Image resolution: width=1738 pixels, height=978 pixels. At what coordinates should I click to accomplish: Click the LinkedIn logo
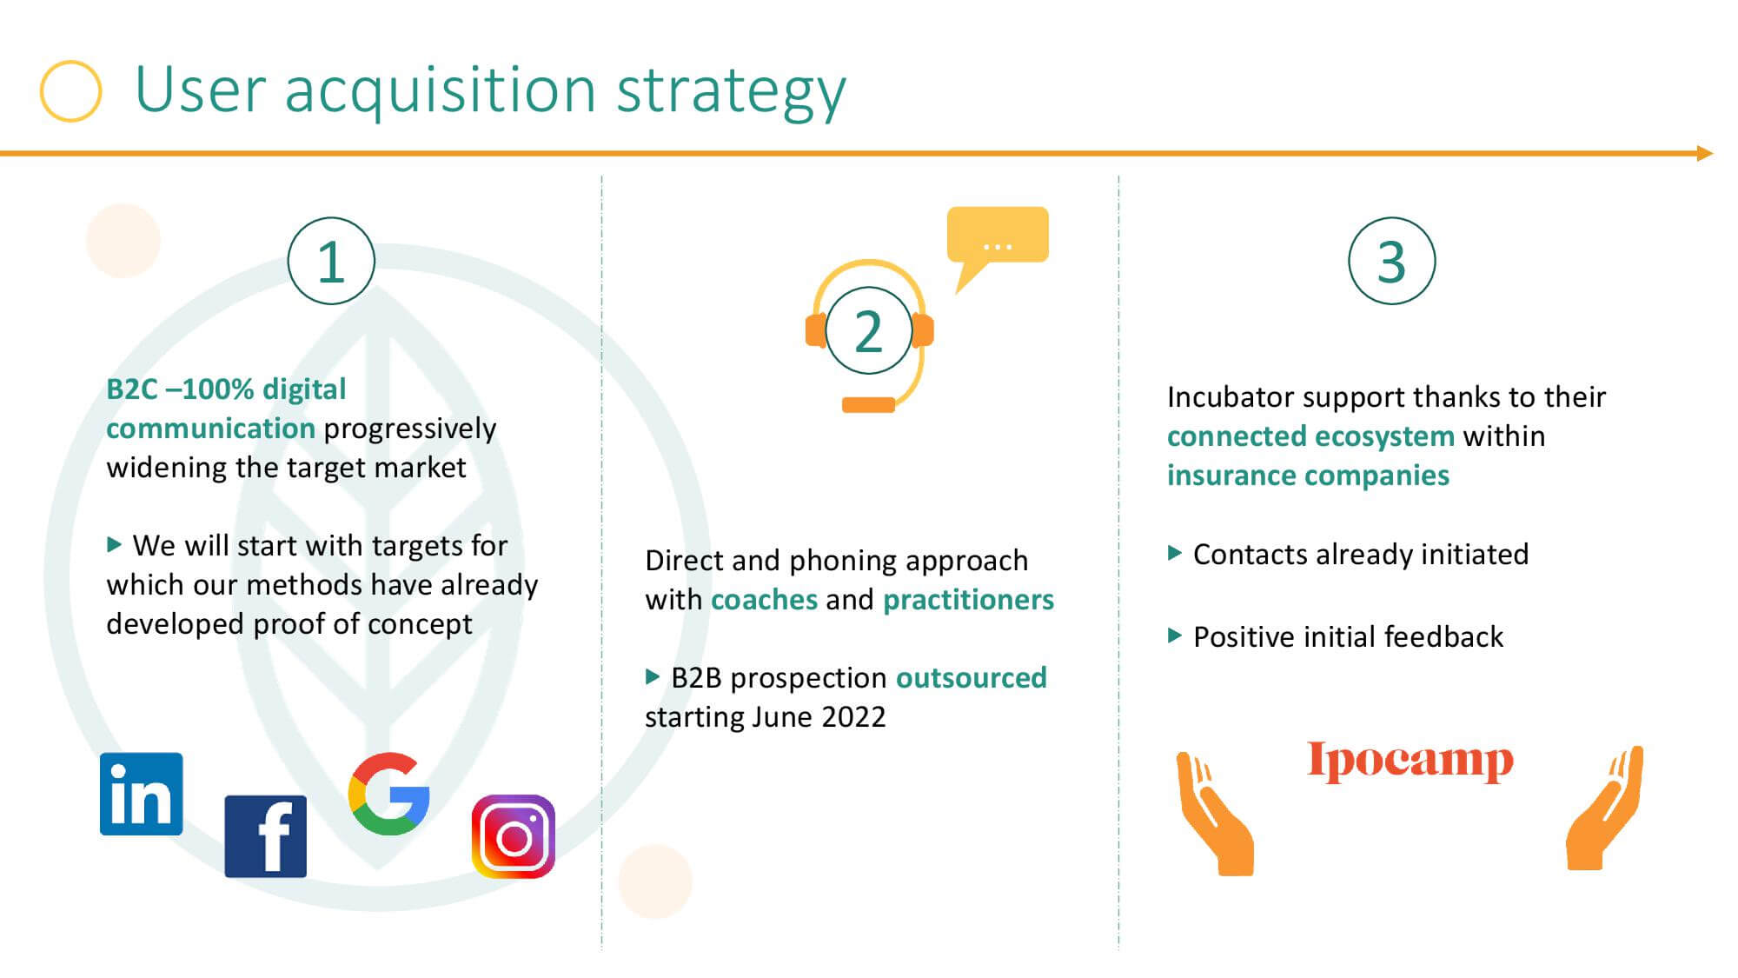142,794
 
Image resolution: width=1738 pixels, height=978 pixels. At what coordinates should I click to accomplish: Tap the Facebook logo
266,836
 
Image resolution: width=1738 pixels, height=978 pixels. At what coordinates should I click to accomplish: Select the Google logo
389,794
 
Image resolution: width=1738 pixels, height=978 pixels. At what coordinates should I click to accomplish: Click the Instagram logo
514,836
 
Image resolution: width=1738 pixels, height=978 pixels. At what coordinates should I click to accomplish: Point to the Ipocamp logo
1410,762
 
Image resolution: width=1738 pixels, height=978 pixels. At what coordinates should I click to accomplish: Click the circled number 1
331,261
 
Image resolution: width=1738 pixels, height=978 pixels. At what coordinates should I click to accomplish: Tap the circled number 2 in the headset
869,331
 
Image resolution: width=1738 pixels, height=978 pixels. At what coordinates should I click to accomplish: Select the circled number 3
1392,261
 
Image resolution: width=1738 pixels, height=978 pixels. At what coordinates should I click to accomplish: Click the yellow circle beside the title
71,90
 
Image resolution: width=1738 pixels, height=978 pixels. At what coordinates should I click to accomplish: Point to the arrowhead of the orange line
1705,154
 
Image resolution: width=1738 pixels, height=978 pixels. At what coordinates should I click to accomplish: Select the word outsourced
972,677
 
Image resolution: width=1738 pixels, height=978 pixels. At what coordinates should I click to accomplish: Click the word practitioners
968,600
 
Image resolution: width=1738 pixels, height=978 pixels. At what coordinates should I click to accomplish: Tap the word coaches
764,600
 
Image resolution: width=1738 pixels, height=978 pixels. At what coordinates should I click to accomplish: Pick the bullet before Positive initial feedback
1175,635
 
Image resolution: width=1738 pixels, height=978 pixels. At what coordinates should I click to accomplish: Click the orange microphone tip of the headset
868,404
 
